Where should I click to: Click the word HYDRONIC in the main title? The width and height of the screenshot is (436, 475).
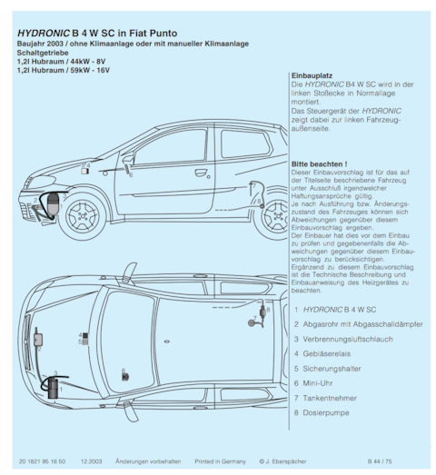[x=44, y=33]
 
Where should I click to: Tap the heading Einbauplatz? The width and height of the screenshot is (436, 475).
[x=312, y=75]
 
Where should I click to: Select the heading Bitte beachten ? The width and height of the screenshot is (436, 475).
[x=319, y=164]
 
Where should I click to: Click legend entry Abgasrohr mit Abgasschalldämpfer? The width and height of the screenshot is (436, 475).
[x=362, y=324]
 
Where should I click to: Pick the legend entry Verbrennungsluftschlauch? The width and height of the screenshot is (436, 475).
[x=348, y=339]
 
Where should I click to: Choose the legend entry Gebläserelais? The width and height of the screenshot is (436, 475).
[x=326, y=353]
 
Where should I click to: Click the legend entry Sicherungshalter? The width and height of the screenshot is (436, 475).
[x=332, y=369]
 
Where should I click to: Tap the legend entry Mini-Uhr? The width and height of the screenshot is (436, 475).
[x=318, y=383]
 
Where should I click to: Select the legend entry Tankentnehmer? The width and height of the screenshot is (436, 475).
[x=330, y=398]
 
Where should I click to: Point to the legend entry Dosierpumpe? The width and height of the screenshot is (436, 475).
[x=326, y=412]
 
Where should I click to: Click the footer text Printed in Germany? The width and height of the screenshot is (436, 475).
[x=220, y=461]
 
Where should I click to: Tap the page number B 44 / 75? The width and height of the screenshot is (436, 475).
[x=380, y=461]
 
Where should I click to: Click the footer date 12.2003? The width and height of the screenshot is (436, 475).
[x=91, y=461]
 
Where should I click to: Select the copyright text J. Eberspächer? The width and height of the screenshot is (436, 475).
[x=286, y=461]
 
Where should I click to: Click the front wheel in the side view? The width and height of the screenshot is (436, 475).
[x=83, y=214]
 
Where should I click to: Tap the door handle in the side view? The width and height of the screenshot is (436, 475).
[x=200, y=173]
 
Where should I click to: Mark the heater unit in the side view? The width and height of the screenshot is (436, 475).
[x=53, y=204]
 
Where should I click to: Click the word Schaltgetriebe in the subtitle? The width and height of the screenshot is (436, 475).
[x=43, y=53]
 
